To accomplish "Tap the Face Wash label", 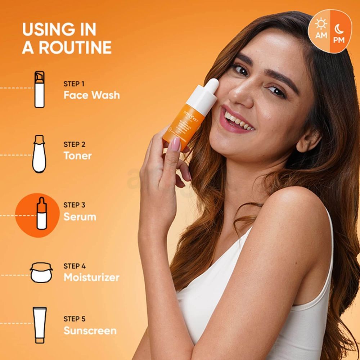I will (91, 95).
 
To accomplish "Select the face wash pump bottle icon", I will (39, 89).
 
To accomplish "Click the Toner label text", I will (77, 156).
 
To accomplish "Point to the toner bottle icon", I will (39, 154).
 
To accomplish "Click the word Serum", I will (80, 217).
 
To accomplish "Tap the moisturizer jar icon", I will (41, 273).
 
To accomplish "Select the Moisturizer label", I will (91, 277).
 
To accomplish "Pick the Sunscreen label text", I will (90, 330).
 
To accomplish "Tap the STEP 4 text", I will (75, 266).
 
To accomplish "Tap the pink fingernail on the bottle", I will (175, 144).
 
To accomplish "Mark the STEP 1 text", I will (74, 84).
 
